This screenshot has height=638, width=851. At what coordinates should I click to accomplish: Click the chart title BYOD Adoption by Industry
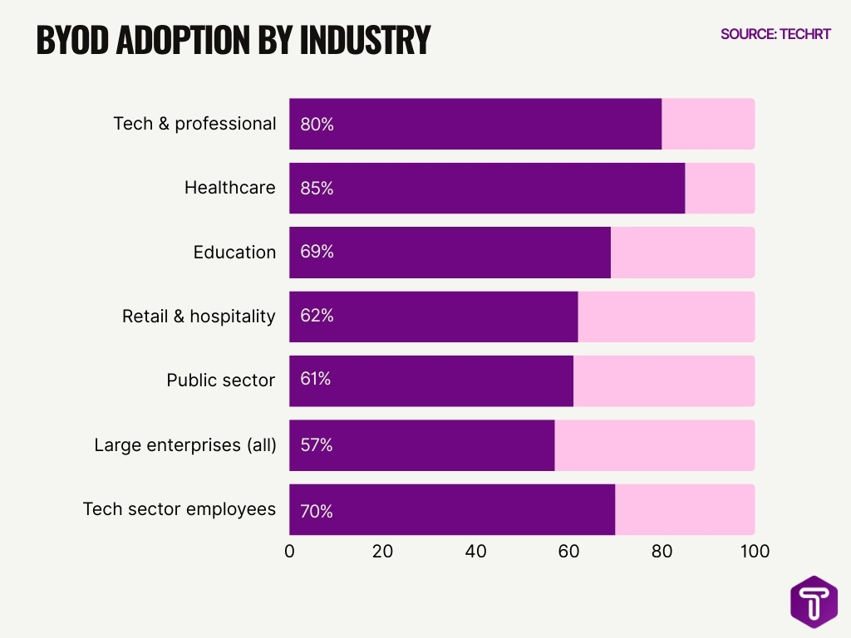coord(233,40)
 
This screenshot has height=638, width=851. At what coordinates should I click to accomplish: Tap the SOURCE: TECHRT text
coord(775,34)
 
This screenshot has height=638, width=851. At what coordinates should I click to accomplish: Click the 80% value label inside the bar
coord(317,125)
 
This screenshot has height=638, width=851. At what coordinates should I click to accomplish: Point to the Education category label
coord(234,253)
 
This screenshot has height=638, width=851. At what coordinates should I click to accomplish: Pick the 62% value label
coord(317,316)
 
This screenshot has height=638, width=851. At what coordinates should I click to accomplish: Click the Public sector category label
coord(220,380)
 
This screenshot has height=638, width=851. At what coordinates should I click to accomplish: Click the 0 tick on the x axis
coord(289,552)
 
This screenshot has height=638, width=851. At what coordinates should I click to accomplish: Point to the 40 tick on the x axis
coord(475,552)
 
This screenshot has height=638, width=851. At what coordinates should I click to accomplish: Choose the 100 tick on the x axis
coord(754,552)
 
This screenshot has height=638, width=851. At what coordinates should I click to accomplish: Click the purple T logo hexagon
coord(814,601)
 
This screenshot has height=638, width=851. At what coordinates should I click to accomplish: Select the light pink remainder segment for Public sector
coord(663,380)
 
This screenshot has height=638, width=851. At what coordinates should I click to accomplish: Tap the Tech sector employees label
coord(180,508)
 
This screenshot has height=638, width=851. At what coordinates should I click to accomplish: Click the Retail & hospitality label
coord(199,317)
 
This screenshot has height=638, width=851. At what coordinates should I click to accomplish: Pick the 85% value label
coord(317,189)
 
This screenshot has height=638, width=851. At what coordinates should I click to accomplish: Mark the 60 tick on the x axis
coord(568,552)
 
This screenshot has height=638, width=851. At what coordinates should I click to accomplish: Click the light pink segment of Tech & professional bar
coord(707,124)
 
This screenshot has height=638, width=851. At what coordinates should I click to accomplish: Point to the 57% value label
coord(317,445)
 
